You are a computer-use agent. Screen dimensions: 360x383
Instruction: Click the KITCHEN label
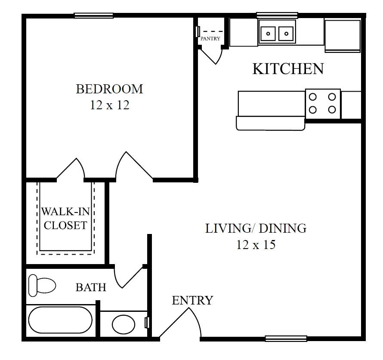point(287,69)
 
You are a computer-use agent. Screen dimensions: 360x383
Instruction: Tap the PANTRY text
point(210,39)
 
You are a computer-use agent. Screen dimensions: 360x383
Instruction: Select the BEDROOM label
point(109,89)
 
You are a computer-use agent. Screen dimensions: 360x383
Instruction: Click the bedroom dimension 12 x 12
point(109,105)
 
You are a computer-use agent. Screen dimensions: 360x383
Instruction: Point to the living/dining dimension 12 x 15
point(256,245)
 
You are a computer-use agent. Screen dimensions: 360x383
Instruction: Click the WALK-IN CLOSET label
point(65,218)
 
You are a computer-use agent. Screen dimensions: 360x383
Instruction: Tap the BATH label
point(91,287)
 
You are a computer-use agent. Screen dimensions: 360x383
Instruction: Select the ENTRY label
point(192,300)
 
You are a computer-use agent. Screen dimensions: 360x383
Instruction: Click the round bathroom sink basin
point(124,324)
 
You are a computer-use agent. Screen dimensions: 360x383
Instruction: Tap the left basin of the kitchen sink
point(269,33)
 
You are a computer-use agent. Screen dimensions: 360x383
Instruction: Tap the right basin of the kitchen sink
point(285,33)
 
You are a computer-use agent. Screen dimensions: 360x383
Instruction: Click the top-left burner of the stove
point(313,97)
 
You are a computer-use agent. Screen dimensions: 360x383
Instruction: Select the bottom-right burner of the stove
point(331,110)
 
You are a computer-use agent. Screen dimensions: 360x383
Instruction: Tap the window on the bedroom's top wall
point(93,15)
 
